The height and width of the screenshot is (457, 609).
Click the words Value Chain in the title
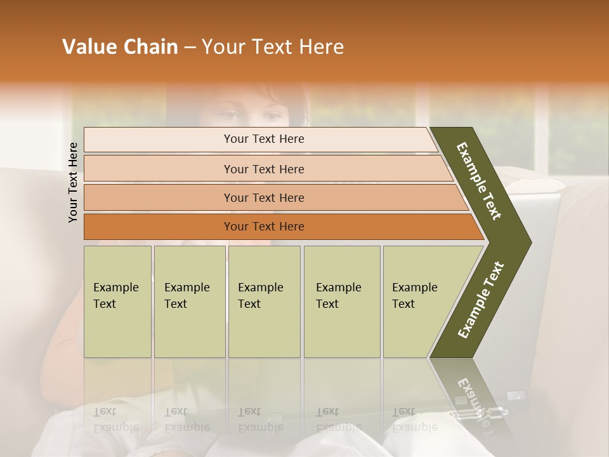[120, 47]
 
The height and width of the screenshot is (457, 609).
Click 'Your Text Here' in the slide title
[273, 47]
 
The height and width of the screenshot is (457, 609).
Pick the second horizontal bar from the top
[264, 169]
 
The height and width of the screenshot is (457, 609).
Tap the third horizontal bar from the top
[264, 197]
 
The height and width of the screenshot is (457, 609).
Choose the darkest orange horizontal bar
[264, 227]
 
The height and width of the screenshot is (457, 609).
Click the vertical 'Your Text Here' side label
[73, 182]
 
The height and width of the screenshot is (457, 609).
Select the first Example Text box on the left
[117, 301]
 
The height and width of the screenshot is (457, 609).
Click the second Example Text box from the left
[189, 301]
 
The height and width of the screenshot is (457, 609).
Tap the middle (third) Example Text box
[263, 301]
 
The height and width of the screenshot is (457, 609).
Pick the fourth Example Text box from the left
[341, 301]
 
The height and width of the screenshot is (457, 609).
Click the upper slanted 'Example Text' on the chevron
[479, 181]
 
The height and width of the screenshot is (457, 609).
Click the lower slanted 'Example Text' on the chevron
[480, 300]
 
